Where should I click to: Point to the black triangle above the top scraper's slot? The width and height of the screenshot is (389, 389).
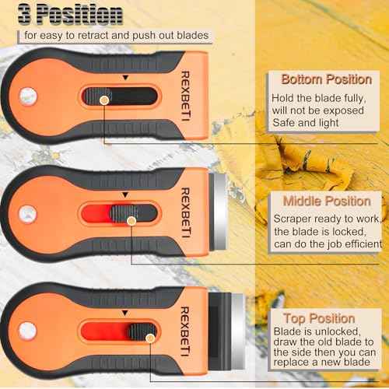click(x=123, y=78)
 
